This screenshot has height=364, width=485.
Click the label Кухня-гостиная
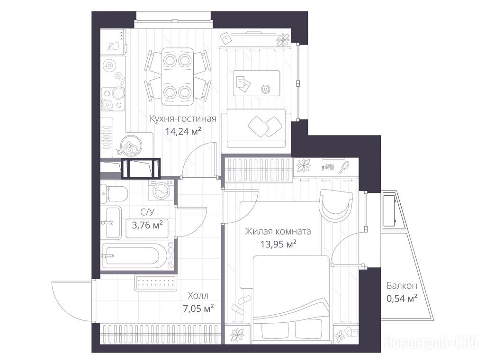coord(183,119)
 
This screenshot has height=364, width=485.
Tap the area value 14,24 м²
coord(183,132)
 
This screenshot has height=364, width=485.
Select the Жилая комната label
coord(278,231)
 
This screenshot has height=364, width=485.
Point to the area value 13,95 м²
coord(278,245)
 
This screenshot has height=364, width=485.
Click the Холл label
coord(198,296)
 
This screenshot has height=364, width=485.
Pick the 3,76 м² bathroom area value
coord(147,225)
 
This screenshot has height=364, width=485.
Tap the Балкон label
coord(402,286)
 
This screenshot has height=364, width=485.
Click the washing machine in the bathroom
coord(161,190)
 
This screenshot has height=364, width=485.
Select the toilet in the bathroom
coord(114,194)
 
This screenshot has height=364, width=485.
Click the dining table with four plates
coord(178,76)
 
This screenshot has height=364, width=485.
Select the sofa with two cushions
coord(259,128)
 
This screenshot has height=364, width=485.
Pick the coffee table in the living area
coord(256,83)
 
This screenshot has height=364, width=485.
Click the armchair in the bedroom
coord(336,205)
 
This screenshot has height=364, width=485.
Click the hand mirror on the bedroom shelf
coord(344,167)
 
